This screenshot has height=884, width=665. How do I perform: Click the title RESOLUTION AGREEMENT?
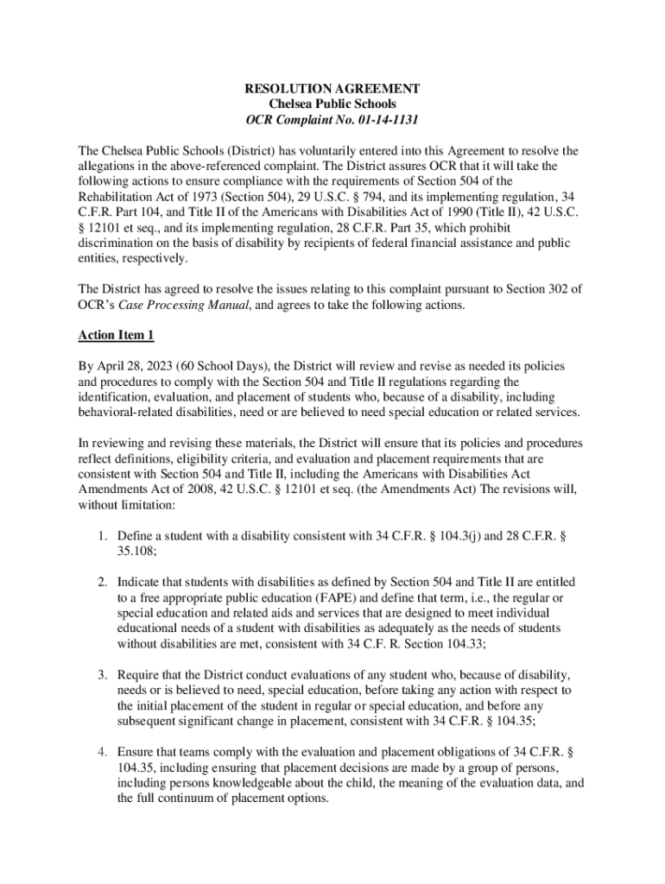[332, 89]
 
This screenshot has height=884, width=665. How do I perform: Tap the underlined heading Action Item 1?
[116, 334]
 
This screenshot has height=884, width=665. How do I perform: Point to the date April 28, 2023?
[136, 365]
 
